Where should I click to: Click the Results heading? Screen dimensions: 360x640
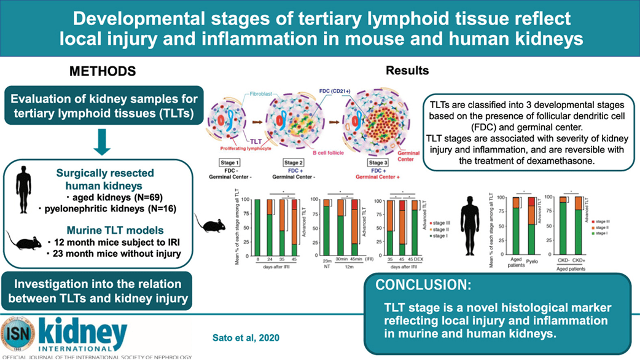click(407, 71)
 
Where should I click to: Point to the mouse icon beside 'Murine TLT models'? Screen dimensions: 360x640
click(24, 240)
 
